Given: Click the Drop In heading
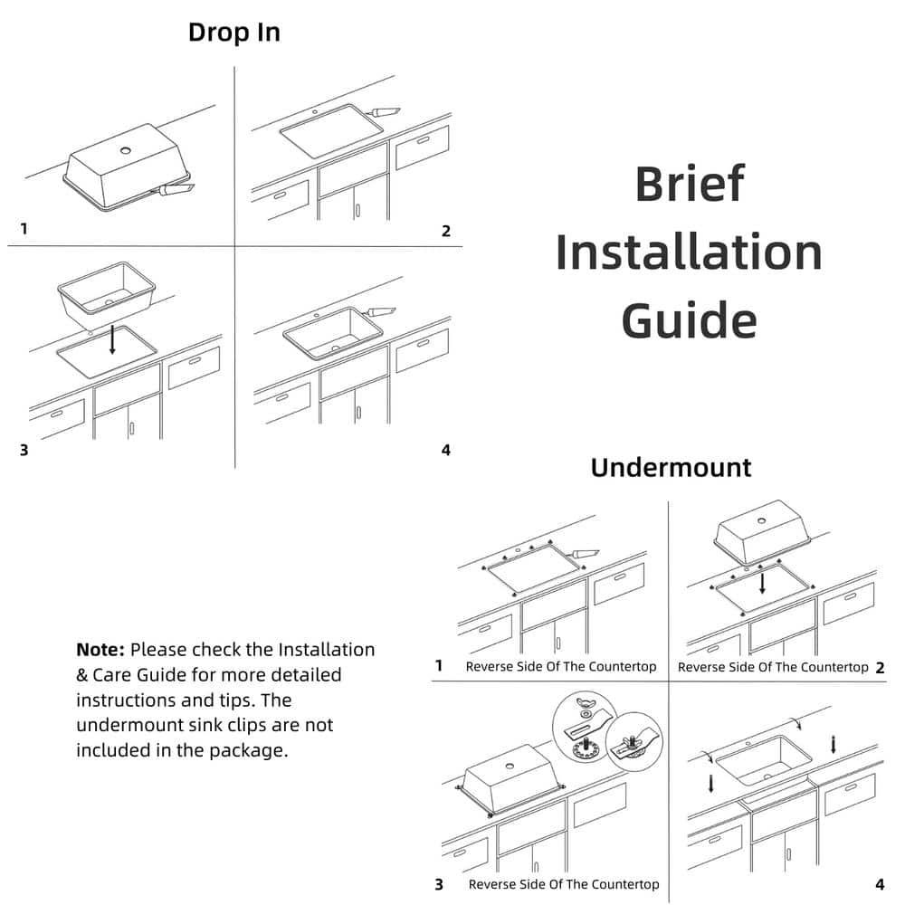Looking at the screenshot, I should (x=233, y=33).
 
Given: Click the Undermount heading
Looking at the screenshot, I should (x=671, y=468).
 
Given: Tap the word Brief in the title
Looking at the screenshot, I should (x=689, y=183).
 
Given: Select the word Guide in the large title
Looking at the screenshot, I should (x=689, y=320).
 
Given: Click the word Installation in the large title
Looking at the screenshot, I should (x=689, y=252).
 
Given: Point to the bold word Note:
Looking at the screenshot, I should (x=100, y=650).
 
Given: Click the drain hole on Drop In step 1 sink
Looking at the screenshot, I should (x=126, y=148).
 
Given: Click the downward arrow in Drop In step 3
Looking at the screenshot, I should (x=112, y=339).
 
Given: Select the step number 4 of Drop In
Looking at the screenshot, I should (x=445, y=450).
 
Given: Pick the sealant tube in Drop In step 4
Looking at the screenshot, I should (x=381, y=312).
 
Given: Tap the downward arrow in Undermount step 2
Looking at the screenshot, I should (x=762, y=579).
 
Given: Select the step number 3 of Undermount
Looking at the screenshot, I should (x=439, y=884).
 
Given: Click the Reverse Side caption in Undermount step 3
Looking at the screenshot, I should (x=563, y=884).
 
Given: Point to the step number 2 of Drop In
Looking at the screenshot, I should (x=445, y=231).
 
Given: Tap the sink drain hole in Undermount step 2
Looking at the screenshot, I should (x=761, y=520).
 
